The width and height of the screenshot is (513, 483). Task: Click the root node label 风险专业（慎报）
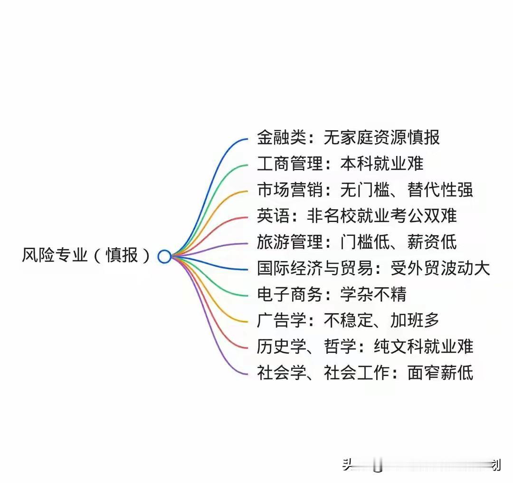pyautogui.click(x=86, y=256)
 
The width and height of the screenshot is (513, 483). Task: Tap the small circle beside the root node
pyautogui.click(x=164, y=257)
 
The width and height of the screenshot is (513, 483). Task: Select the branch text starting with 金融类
pyautogui.click(x=348, y=138)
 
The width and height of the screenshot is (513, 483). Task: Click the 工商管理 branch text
pyautogui.click(x=340, y=164)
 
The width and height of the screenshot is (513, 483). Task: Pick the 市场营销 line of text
pyautogui.click(x=365, y=190)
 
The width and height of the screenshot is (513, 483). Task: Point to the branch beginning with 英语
pyautogui.click(x=356, y=216)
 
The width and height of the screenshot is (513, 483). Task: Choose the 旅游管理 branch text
pyautogui.click(x=356, y=242)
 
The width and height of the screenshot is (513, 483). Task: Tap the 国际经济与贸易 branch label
pyautogui.click(x=373, y=269)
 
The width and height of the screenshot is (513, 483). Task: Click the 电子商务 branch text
pyautogui.click(x=331, y=295)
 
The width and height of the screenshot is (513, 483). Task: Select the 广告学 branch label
pyautogui.click(x=348, y=321)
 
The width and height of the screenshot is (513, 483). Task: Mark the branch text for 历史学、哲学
pyautogui.click(x=365, y=347)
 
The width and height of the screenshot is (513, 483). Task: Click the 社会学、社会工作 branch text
pyautogui.click(x=365, y=373)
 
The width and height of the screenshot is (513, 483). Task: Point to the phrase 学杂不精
pyautogui.click(x=373, y=295)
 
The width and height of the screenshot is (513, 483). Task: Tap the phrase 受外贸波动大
pyautogui.click(x=440, y=269)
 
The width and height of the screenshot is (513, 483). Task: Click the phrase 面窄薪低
pyautogui.click(x=440, y=373)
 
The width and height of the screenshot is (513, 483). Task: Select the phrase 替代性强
pyautogui.click(x=440, y=190)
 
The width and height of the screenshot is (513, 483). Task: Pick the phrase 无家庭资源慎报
pyautogui.click(x=381, y=138)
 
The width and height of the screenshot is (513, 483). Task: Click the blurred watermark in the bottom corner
pyautogui.click(x=420, y=465)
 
